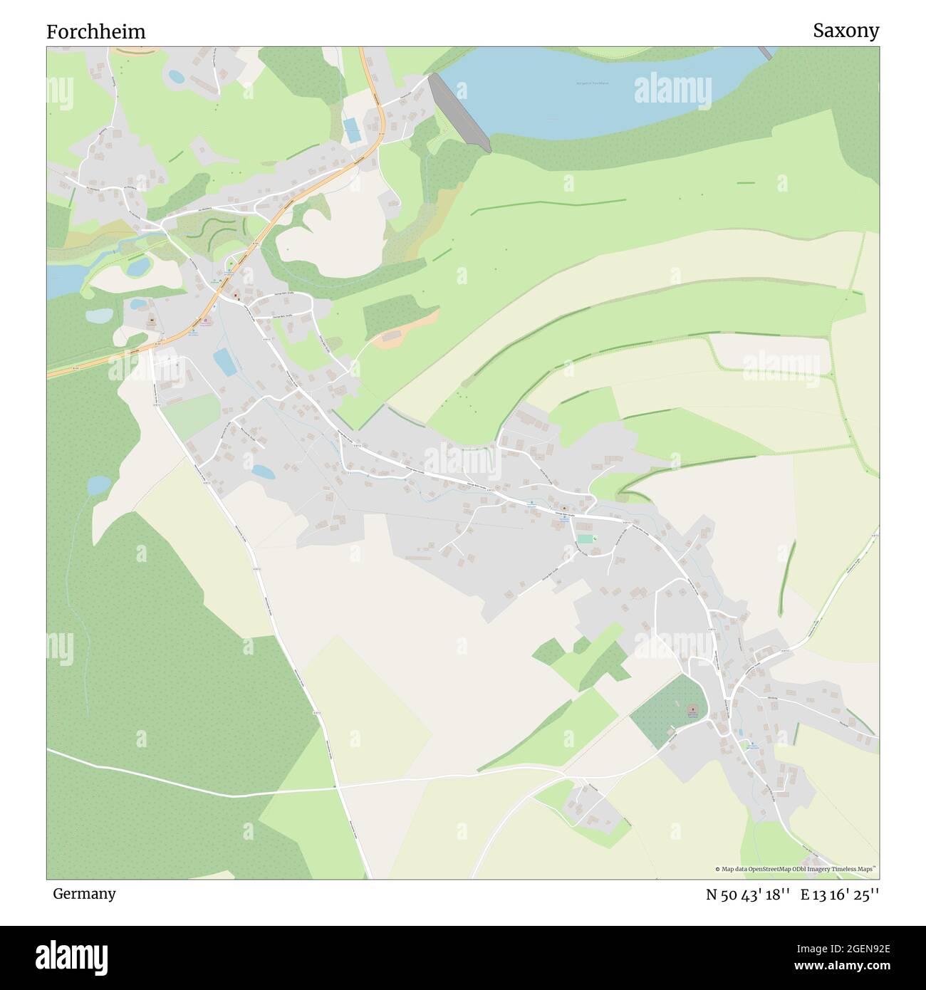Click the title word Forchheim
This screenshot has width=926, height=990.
(x=96, y=31)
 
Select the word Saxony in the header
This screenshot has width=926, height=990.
(x=846, y=31)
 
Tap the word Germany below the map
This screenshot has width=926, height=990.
(x=84, y=894)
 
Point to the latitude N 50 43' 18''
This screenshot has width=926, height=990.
(x=748, y=895)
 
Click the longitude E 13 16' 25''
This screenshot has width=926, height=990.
(x=840, y=895)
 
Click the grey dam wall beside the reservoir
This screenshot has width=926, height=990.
(x=459, y=113)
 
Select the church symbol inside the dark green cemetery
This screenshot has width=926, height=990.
(x=691, y=710)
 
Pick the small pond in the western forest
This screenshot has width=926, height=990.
(x=99, y=485)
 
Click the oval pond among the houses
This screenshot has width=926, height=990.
(x=262, y=471)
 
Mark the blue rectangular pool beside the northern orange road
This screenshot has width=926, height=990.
(x=351, y=130)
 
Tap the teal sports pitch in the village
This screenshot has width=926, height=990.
(x=585, y=539)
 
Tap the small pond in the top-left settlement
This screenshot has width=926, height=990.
(x=176, y=75)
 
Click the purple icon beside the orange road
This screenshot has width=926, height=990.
(x=206, y=321)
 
